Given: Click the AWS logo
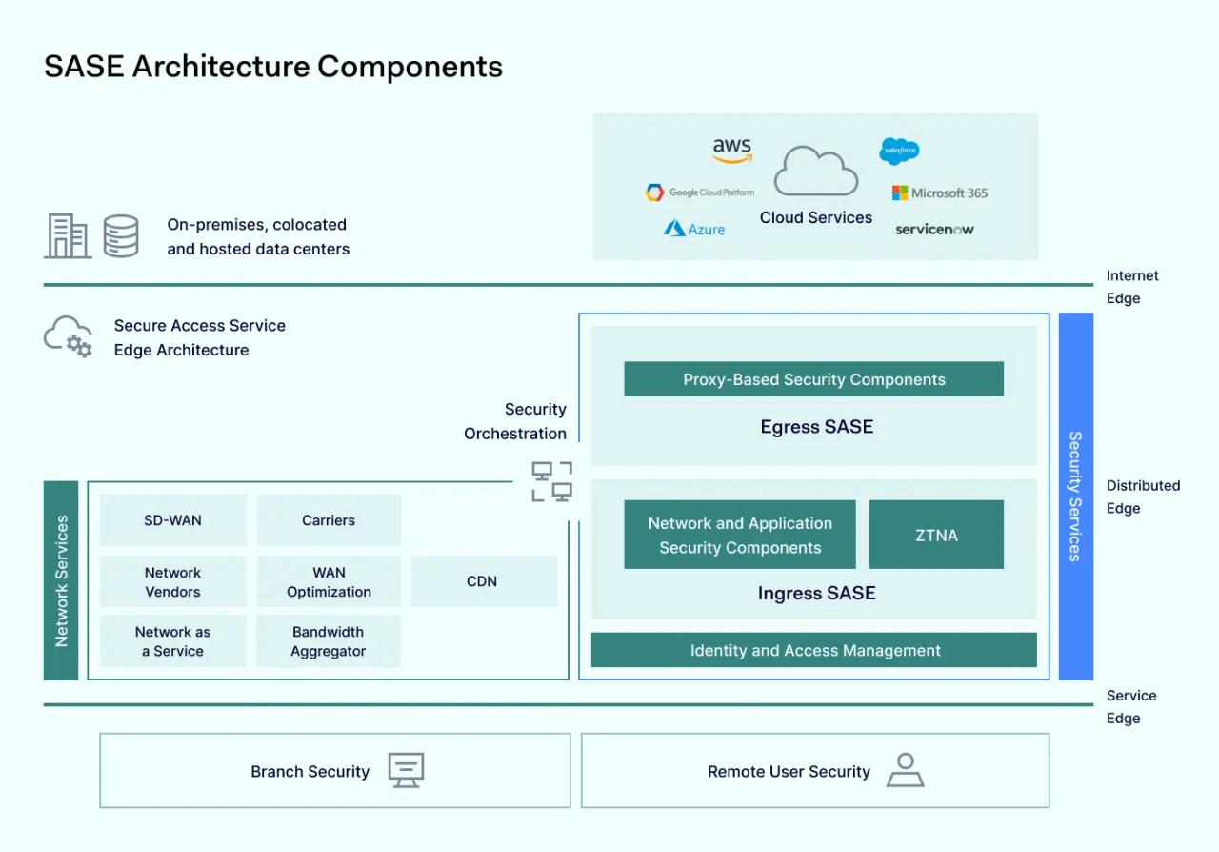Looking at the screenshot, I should click(731, 151).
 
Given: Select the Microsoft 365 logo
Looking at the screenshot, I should click(939, 193).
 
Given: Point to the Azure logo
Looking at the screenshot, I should click(694, 229).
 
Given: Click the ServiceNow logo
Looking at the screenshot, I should click(934, 229).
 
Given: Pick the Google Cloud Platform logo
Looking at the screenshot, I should click(700, 193).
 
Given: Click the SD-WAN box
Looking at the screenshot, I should click(172, 520).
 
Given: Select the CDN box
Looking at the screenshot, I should click(483, 581).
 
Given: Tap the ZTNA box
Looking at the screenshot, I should click(936, 535).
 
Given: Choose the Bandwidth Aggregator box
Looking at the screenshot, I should click(329, 641).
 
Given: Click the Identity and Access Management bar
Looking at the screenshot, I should click(814, 650).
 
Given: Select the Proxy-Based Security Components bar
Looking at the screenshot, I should click(813, 379).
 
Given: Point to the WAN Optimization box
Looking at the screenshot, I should click(329, 581).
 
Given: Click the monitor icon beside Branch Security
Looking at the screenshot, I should click(406, 770).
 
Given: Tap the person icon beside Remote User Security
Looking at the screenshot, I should click(905, 770).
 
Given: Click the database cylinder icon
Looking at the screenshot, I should click(121, 236).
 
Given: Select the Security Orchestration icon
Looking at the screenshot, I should click(551, 481).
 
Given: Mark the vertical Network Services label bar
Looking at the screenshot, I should click(61, 580).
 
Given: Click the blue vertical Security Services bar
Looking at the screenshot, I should click(1075, 496).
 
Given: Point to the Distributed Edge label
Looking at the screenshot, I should click(1143, 497).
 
